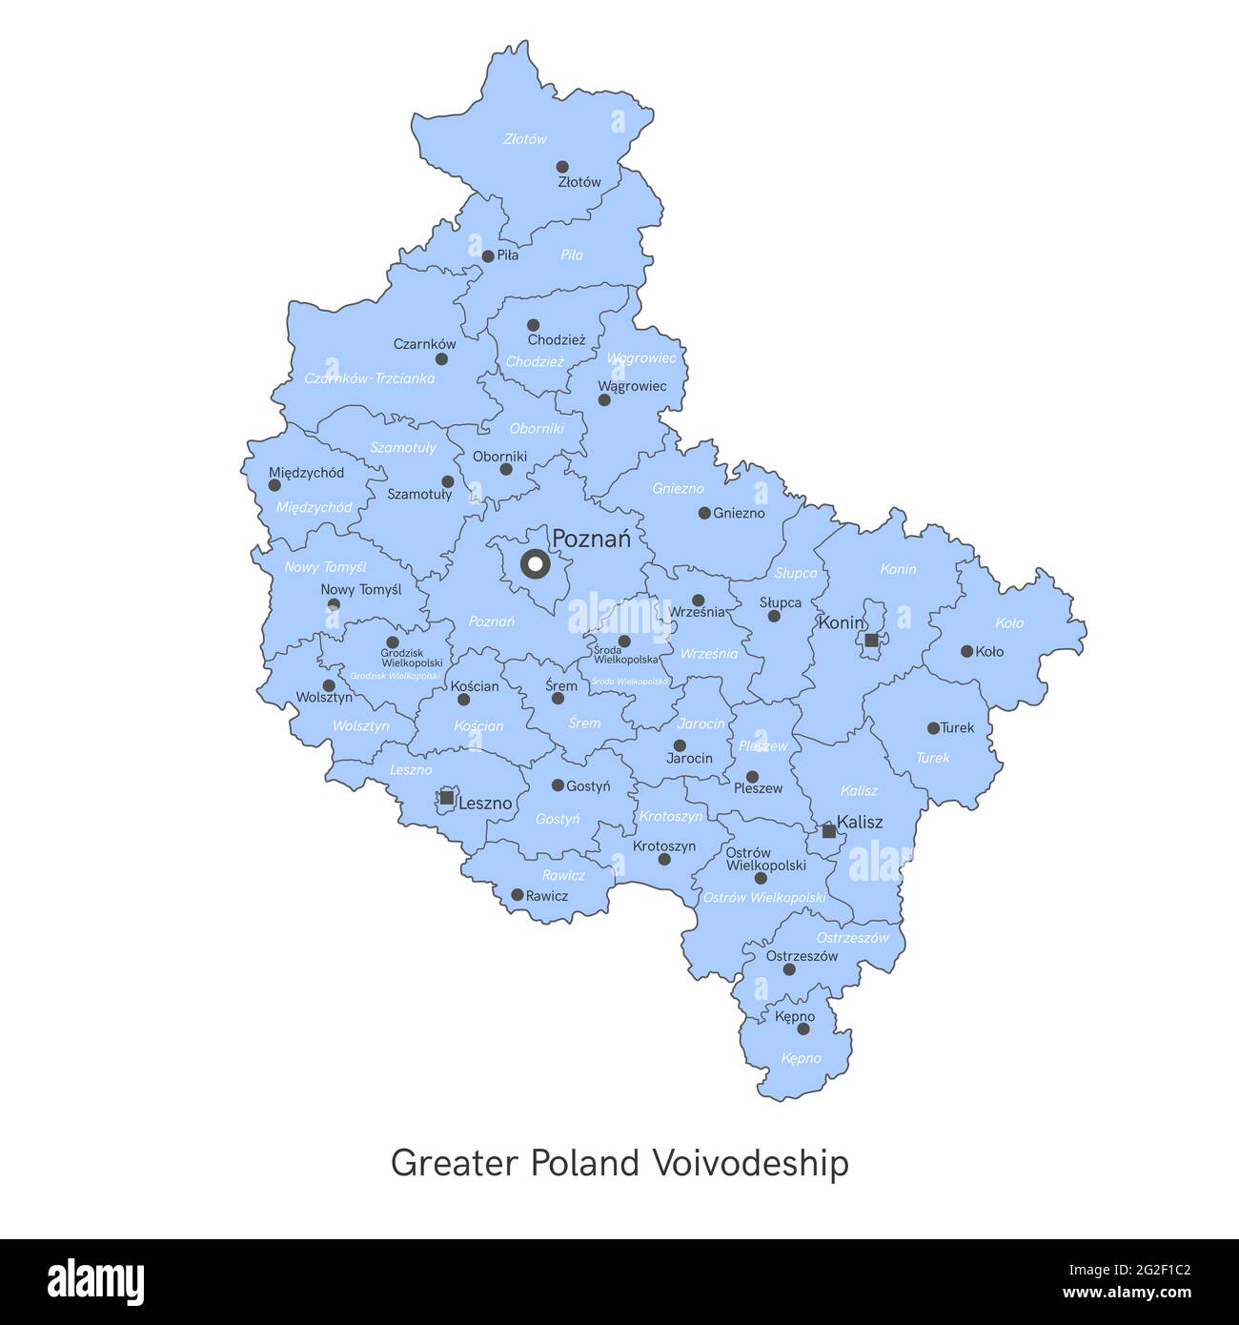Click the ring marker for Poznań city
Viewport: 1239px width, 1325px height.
[535, 564]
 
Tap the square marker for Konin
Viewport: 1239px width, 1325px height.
[871, 641]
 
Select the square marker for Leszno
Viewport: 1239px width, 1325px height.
[446, 797]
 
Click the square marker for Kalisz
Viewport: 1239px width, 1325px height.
[829, 831]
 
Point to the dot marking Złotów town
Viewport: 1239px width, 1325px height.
[562, 167]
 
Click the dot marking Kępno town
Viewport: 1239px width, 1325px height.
[803, 1029]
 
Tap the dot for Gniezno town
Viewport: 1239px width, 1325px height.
[704, 513]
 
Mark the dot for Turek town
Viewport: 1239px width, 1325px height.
[933, 728]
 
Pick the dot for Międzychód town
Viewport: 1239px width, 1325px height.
[274, 485]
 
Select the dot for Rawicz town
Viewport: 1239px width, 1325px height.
[517, 895]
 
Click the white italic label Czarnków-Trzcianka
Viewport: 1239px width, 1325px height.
[369, 378]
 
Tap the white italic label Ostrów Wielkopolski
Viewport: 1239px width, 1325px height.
[763, 898]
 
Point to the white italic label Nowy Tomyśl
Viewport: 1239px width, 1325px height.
[325, 567]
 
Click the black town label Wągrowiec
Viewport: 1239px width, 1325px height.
[632, 386]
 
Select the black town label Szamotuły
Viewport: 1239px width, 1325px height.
[419, 495]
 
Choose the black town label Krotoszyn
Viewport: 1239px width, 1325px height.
[664, 846]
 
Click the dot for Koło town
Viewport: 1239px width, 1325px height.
[966, 652]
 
